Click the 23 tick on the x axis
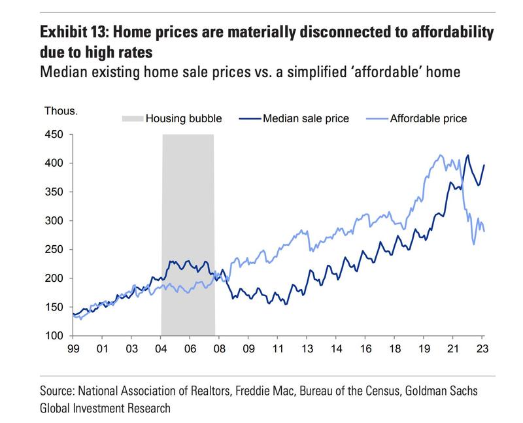click(x=479, y=350)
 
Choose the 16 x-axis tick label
click(x=365, y=350)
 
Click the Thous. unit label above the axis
click(x=60, y=109)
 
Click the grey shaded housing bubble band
click(x=188, y=196)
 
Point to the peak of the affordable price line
click(x=440, y=155)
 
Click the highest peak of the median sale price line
click(x=467, y=156)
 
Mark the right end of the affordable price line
click(x=484, y=231)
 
